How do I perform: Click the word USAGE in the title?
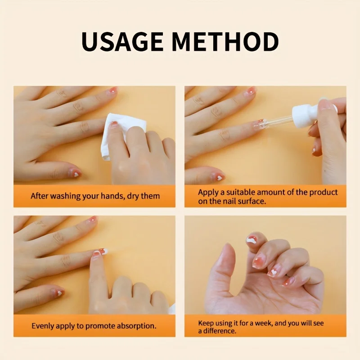click(x=122, y=41)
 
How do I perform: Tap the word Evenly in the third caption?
click(x=43, y=325)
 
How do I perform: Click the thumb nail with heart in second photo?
click(x=218, y=177)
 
